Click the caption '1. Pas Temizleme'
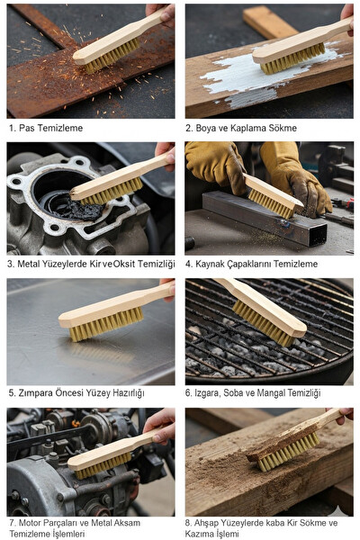click(46, 128)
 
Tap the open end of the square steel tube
click(318, 235)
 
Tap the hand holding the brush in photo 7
click(160, 425)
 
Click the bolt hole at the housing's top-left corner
click(15, 182)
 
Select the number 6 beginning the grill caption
click(188, 393)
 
